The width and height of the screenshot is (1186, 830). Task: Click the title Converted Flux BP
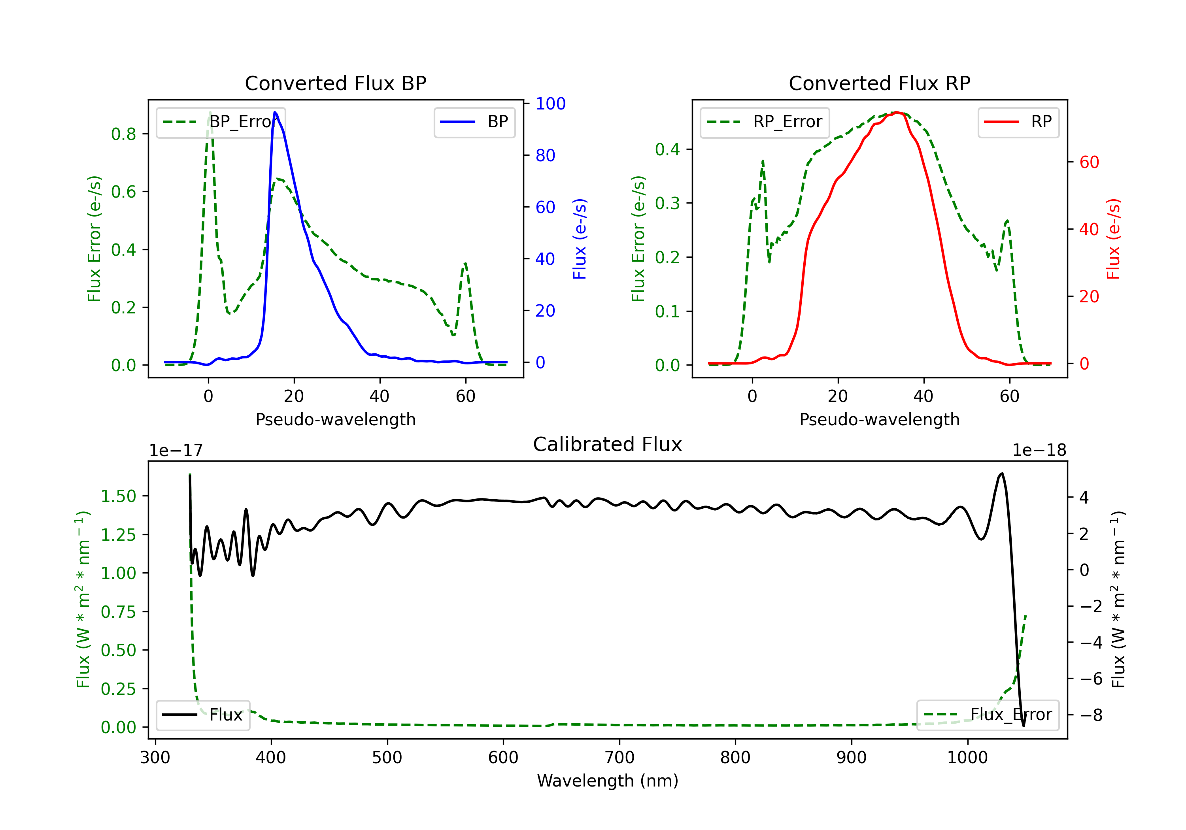pyautogui.click(x=335, y=83)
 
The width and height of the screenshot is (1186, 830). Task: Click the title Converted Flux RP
pyautogui.click(x=879, y=83)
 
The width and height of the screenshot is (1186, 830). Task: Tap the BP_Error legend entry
pyautogui.click(x=221, y=122)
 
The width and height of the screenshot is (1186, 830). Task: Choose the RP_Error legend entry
pyautogui.click(x=765, y=122)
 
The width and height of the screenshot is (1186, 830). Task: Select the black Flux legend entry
pyautogui.click(x=203, y=715)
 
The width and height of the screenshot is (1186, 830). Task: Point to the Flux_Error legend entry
pyautogui.click(x=988, y=715)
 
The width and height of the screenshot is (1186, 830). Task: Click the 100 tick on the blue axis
pyautogui.click(x=550, y=104)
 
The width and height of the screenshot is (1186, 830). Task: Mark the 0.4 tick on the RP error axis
pyautogui.click(x=667, y=150)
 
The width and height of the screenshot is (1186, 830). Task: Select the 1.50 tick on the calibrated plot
pyautogui.click(x=118, y=496)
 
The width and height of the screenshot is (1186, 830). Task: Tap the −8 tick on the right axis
pyautogui.click(x=1091, y=715)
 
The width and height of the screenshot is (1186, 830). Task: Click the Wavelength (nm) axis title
pyautogui.click(x=608, y=781)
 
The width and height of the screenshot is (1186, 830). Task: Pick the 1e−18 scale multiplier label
pyautogui.click(x=1039, y=451)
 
